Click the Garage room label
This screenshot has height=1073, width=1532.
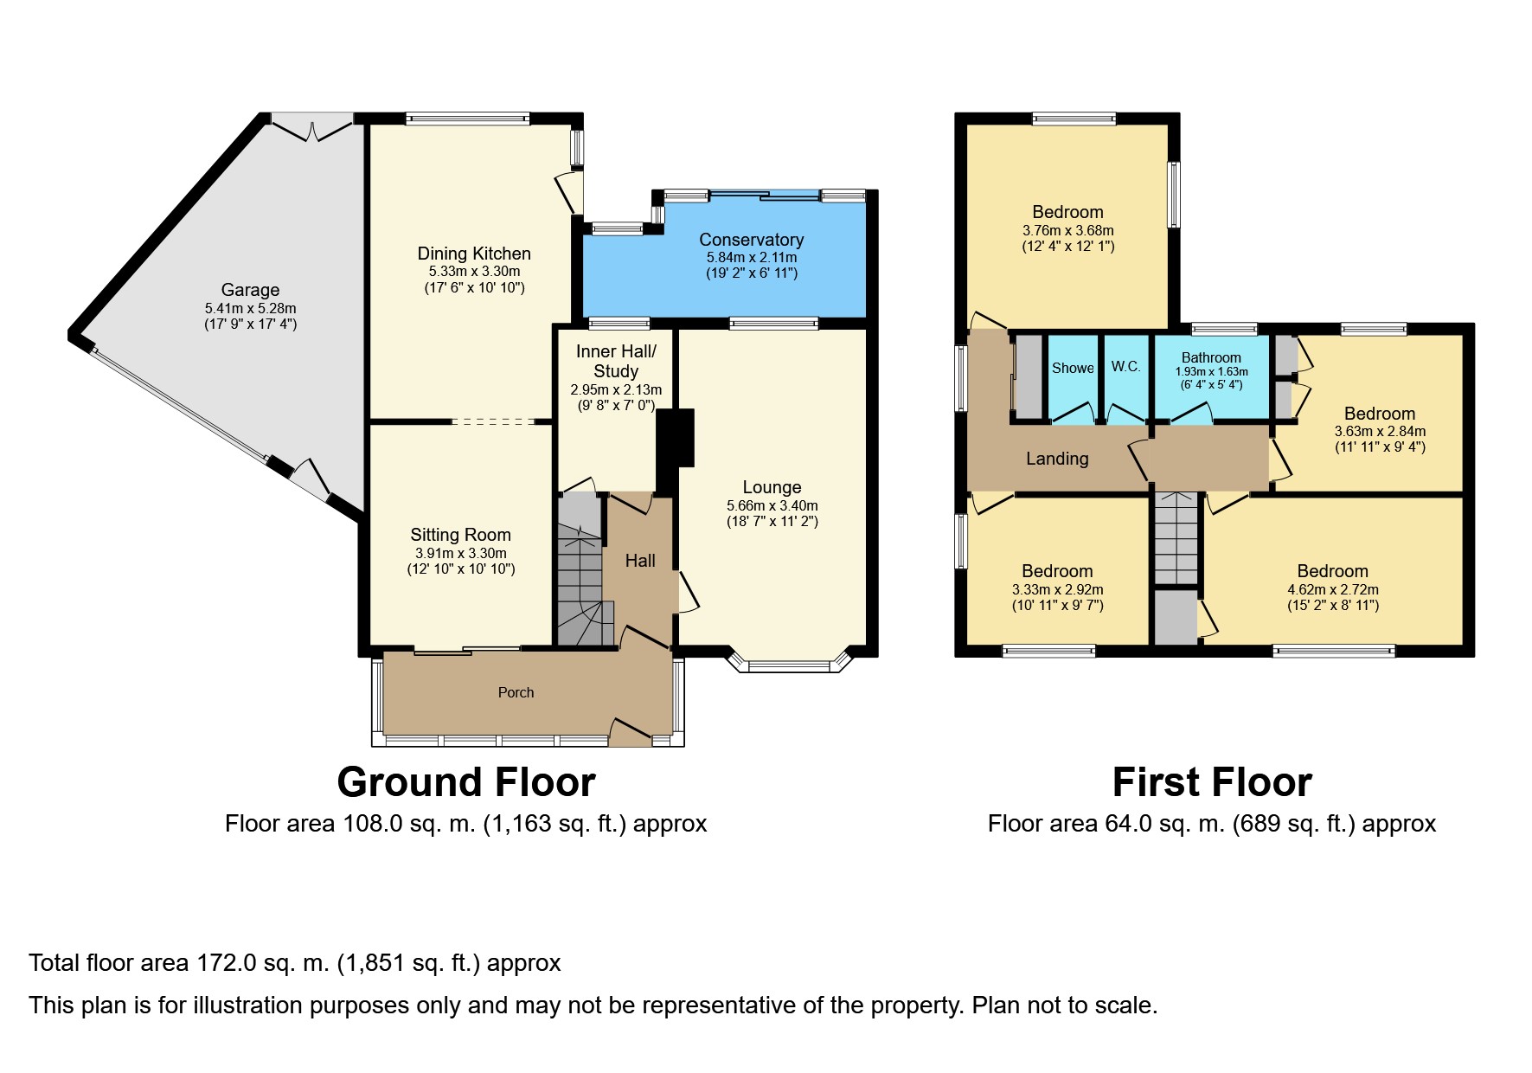click(250, 290)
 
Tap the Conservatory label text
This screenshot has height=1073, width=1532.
click(752, 240)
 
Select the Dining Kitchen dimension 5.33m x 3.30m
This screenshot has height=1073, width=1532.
click(474, 272)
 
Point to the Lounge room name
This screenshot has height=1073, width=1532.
click(772, 487)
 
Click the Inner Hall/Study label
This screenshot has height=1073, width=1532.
click(616, 361)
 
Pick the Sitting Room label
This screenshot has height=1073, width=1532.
click(460, 535)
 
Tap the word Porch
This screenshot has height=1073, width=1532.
click(516, 692)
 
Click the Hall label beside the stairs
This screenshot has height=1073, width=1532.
click(640, 561)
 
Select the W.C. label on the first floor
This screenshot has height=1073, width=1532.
click(1125, 367)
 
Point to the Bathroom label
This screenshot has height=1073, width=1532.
click(1211, 357)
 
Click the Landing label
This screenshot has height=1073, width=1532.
click(1057, 459)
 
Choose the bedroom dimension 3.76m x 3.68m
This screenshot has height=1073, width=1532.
click(1068, 231)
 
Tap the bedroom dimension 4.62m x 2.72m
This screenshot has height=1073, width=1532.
click(1333, 590)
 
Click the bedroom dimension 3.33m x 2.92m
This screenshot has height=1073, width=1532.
click(1058, 590)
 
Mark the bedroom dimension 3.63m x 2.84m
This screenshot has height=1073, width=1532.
click(1380, 432)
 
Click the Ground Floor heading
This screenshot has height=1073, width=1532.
click(466, 782)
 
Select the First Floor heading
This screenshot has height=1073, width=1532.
click(1212, 782)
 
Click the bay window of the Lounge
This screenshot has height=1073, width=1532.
click(789, 662)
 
